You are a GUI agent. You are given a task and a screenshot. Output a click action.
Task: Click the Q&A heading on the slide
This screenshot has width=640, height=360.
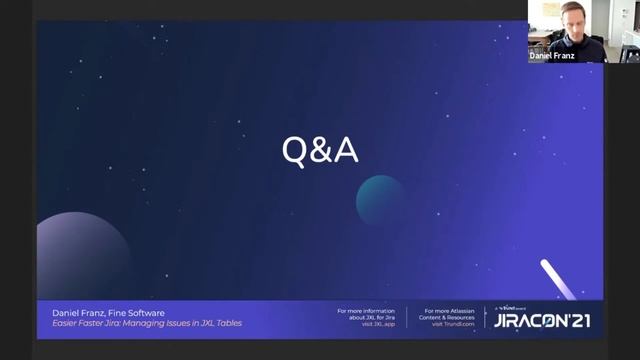(x=319, y=151)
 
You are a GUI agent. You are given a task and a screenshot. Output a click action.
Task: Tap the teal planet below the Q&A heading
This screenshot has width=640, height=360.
(x=381, y=199)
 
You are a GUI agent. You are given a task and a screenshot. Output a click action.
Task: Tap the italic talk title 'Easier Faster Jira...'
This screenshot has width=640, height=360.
(x=146, y=323)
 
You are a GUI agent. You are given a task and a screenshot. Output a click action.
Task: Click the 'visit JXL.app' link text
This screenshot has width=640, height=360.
(x=376, y=324)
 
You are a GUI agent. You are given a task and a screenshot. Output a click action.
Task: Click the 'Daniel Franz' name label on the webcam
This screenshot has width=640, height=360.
(x=552, y=57)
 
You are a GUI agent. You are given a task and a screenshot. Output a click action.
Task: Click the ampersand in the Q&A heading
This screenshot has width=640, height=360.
(x=319, y=151)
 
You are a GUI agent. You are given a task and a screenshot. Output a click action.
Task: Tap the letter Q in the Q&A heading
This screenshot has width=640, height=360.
(x=294, y=151)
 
